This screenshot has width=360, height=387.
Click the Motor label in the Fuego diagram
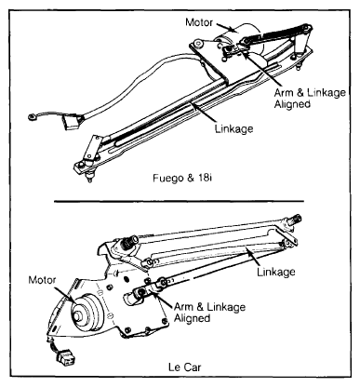199,22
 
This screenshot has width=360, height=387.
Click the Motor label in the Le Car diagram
42,280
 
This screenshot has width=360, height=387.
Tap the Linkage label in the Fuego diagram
234,128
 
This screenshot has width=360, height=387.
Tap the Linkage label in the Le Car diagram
276,272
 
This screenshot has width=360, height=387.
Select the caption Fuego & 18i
182,179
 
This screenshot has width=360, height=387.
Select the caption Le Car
185,367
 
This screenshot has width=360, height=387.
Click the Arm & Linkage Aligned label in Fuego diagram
310,98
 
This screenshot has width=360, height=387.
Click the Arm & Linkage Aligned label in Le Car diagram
209,313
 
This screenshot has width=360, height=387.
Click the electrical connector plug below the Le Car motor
66,359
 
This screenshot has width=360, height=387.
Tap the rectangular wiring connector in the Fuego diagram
73,121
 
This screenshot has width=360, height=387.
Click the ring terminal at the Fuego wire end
32,116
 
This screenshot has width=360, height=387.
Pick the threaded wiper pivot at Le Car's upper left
129,241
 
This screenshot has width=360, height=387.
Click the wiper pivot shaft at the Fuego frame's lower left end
89,177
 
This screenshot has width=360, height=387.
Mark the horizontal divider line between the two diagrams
179,201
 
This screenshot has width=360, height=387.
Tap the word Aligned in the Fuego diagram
292,104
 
